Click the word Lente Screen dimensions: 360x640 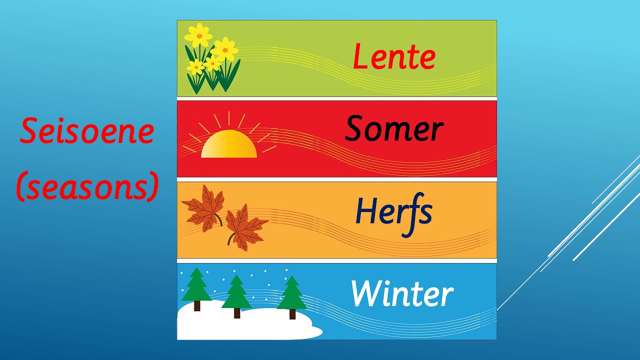(x=394, y=56)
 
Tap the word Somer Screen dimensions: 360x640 (x=394, y=129)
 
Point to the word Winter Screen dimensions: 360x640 (x=402, y=294)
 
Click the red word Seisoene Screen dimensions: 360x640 (x=86, y=131)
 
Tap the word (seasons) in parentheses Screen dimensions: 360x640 (x=87, y=186)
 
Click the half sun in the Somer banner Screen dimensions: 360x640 (x=229, y=145)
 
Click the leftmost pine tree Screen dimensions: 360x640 (x=196, y=285)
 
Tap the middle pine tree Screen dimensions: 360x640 (x=236, y=293)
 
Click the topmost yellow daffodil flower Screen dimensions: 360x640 (x=198, y=34)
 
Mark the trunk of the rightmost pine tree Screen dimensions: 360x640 (x=292, y=314)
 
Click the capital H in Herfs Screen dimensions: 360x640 (x=365, y=211)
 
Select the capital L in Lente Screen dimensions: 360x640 (x=360, y=56)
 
